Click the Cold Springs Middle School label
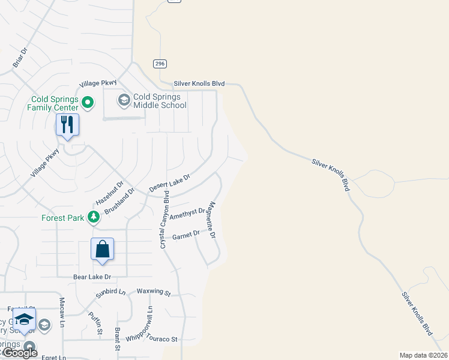(x=160, y=101)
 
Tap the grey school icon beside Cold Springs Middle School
(x=124, y=100)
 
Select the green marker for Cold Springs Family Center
(x=87, y=103)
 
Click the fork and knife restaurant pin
(x=67, y=125)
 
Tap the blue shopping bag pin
(x=102, y=249)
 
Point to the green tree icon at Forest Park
(x=93, y=217)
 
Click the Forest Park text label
(x=63, y=218)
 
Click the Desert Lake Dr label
(x=169, y=183)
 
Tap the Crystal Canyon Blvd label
(x=163, y=220)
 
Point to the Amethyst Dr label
(x=187, y=214)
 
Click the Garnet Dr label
(x=185, y=235)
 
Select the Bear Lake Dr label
(x=92, y=277)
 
